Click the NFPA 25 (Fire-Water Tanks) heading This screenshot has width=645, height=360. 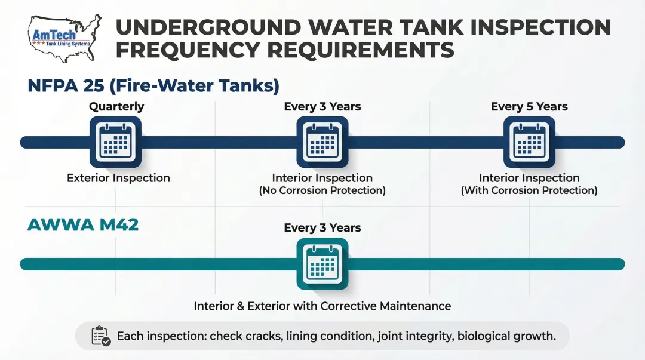pos(153,85)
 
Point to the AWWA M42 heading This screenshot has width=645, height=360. pos(83,225)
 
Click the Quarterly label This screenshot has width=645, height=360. pos(116,107)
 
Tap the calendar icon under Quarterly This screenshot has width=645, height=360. pos(115,142)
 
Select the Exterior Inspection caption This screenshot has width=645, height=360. pos(118,178)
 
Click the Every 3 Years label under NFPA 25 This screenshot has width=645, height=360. pos(322,107)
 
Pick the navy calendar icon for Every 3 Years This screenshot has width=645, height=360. pos(322,142)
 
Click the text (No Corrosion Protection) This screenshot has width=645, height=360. pos(322,191)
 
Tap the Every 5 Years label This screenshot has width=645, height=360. pos(529,107)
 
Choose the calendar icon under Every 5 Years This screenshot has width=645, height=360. pos(529,142)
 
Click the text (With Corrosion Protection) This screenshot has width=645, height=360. pos(529,191)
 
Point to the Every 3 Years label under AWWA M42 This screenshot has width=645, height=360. pos(322,228)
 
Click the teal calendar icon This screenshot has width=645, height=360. pos(322,264)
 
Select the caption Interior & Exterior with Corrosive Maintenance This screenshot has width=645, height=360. pos(322,306)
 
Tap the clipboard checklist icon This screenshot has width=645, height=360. pos(100,336)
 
